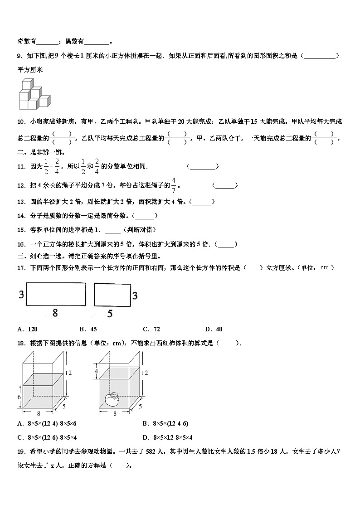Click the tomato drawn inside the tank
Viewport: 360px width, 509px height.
tap(112, 398)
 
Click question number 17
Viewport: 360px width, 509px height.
tap(21, 268)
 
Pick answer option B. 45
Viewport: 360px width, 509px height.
tap(88, 329)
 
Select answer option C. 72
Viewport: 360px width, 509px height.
tap(151, 329)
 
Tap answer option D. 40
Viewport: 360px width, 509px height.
tap(214, 329)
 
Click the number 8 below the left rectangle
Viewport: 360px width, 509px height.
tap(55, 312)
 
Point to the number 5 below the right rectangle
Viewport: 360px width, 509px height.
tap(110, 313)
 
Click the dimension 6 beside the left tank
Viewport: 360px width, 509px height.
tap(19, 397)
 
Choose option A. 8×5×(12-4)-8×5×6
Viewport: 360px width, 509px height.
tap(47, 423)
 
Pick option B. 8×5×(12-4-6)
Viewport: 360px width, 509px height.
tap(165, 423)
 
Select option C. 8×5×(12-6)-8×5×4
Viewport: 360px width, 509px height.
tap(47, 437)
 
